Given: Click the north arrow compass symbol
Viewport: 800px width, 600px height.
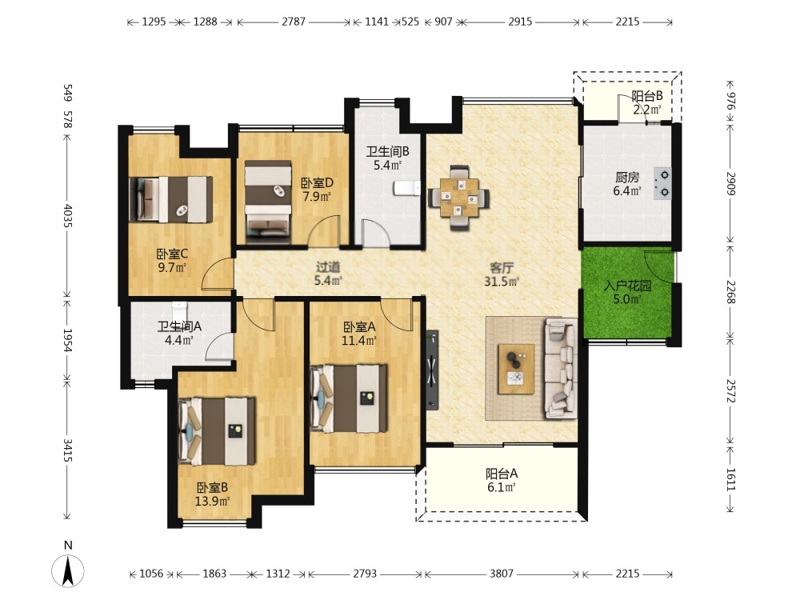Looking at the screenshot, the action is click(x=67, y=570).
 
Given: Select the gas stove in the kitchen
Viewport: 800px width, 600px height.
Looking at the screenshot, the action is click(x=662, y=183).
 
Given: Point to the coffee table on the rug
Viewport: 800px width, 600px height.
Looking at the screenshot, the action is click(x=516, y=369).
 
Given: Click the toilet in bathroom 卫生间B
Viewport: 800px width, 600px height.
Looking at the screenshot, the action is click(x=406, y=188).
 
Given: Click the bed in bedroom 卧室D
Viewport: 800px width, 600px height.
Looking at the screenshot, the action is click(x=268, y=202).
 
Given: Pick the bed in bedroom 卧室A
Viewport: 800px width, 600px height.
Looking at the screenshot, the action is click(x=349, y=398).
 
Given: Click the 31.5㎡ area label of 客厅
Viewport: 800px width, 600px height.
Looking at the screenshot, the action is click(x=501, y=281).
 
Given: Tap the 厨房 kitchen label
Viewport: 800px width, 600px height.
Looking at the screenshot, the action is click(x=627, y=177).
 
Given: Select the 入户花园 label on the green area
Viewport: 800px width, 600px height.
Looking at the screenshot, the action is click(x=627, y=286).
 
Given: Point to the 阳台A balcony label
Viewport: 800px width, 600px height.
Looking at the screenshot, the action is click(x=502, y=474).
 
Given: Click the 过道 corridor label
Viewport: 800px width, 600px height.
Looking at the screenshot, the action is click(x=327, y=267).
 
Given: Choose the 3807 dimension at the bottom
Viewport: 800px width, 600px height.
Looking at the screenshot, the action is click(x=501, y=574).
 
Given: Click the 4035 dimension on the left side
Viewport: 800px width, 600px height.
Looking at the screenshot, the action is click(x=67, y=217).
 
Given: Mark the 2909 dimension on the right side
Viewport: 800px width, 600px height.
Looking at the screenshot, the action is click(x=730, y=183).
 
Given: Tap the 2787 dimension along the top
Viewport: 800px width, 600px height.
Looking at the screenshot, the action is click(x=294, y=22).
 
